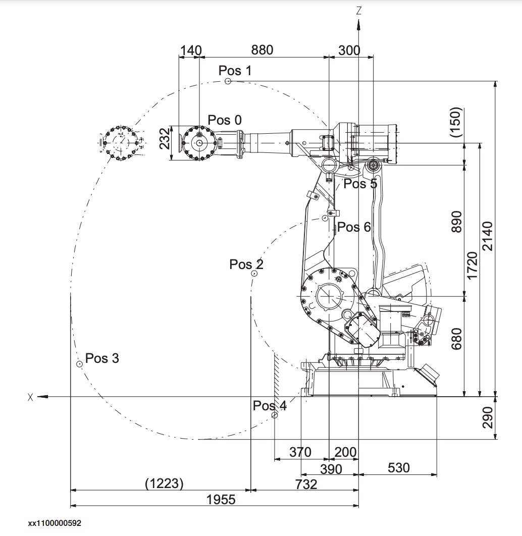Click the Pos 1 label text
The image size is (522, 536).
point(235,70)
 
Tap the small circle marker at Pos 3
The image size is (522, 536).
point(79,364)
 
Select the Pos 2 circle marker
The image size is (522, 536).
point(254,274)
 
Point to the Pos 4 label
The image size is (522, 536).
point(270,405)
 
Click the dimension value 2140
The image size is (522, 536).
point(488,236)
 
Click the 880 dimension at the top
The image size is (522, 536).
point(262,50)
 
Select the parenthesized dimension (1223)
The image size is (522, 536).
point(164,484)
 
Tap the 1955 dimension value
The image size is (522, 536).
point(221,499)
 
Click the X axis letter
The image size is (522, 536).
point(30,397)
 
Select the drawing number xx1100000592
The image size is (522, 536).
point(55,523)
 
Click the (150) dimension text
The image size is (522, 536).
point(456,122)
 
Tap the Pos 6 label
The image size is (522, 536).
point(354,227)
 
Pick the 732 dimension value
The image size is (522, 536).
point(306,484)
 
